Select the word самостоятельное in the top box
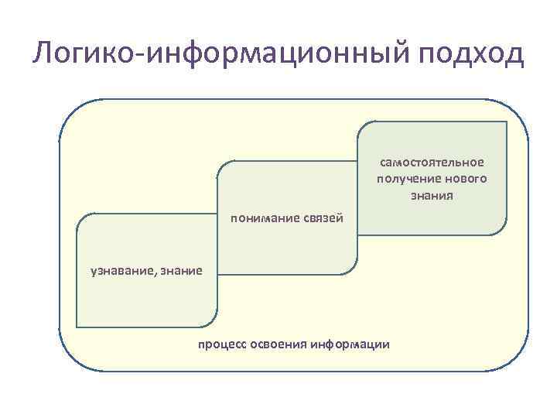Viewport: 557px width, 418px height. click(432, 163)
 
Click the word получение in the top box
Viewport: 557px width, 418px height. click(404, 179)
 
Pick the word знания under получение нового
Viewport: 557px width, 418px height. click(432, 195)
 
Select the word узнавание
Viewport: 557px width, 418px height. click(122, 270)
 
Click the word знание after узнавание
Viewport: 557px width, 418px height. click(182, 270)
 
